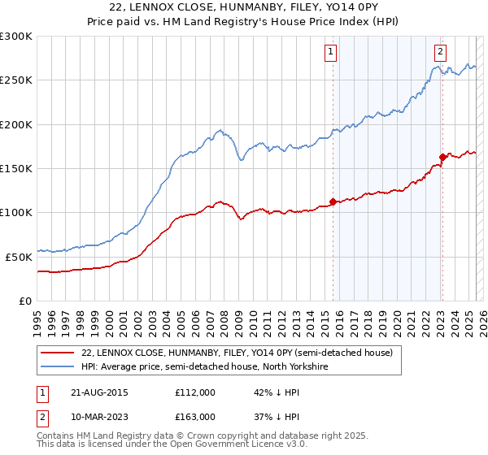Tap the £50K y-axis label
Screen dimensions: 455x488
[19, 256]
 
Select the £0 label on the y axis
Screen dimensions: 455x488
[26, 300]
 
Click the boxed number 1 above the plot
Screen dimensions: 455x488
[332, 52]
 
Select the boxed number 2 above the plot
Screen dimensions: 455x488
[440, 52]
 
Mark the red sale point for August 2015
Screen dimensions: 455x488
[333, 201]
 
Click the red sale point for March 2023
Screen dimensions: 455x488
[442, 157]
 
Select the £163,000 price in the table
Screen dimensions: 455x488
[194, 416]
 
